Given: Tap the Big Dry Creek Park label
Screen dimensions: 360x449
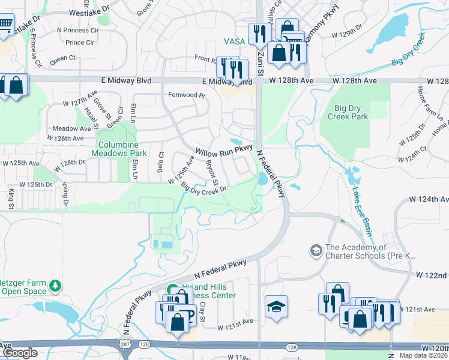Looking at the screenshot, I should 351,112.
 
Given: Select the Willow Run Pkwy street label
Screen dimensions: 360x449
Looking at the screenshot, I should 224,149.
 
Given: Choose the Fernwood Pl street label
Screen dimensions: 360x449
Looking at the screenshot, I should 187,95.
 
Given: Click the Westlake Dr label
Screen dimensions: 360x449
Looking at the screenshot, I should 90,11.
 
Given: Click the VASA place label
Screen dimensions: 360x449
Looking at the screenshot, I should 235,41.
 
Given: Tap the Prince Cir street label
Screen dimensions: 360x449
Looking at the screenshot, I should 83,43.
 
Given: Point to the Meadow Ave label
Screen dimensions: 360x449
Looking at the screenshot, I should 71,128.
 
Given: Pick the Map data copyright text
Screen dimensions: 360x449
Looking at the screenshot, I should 423,355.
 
